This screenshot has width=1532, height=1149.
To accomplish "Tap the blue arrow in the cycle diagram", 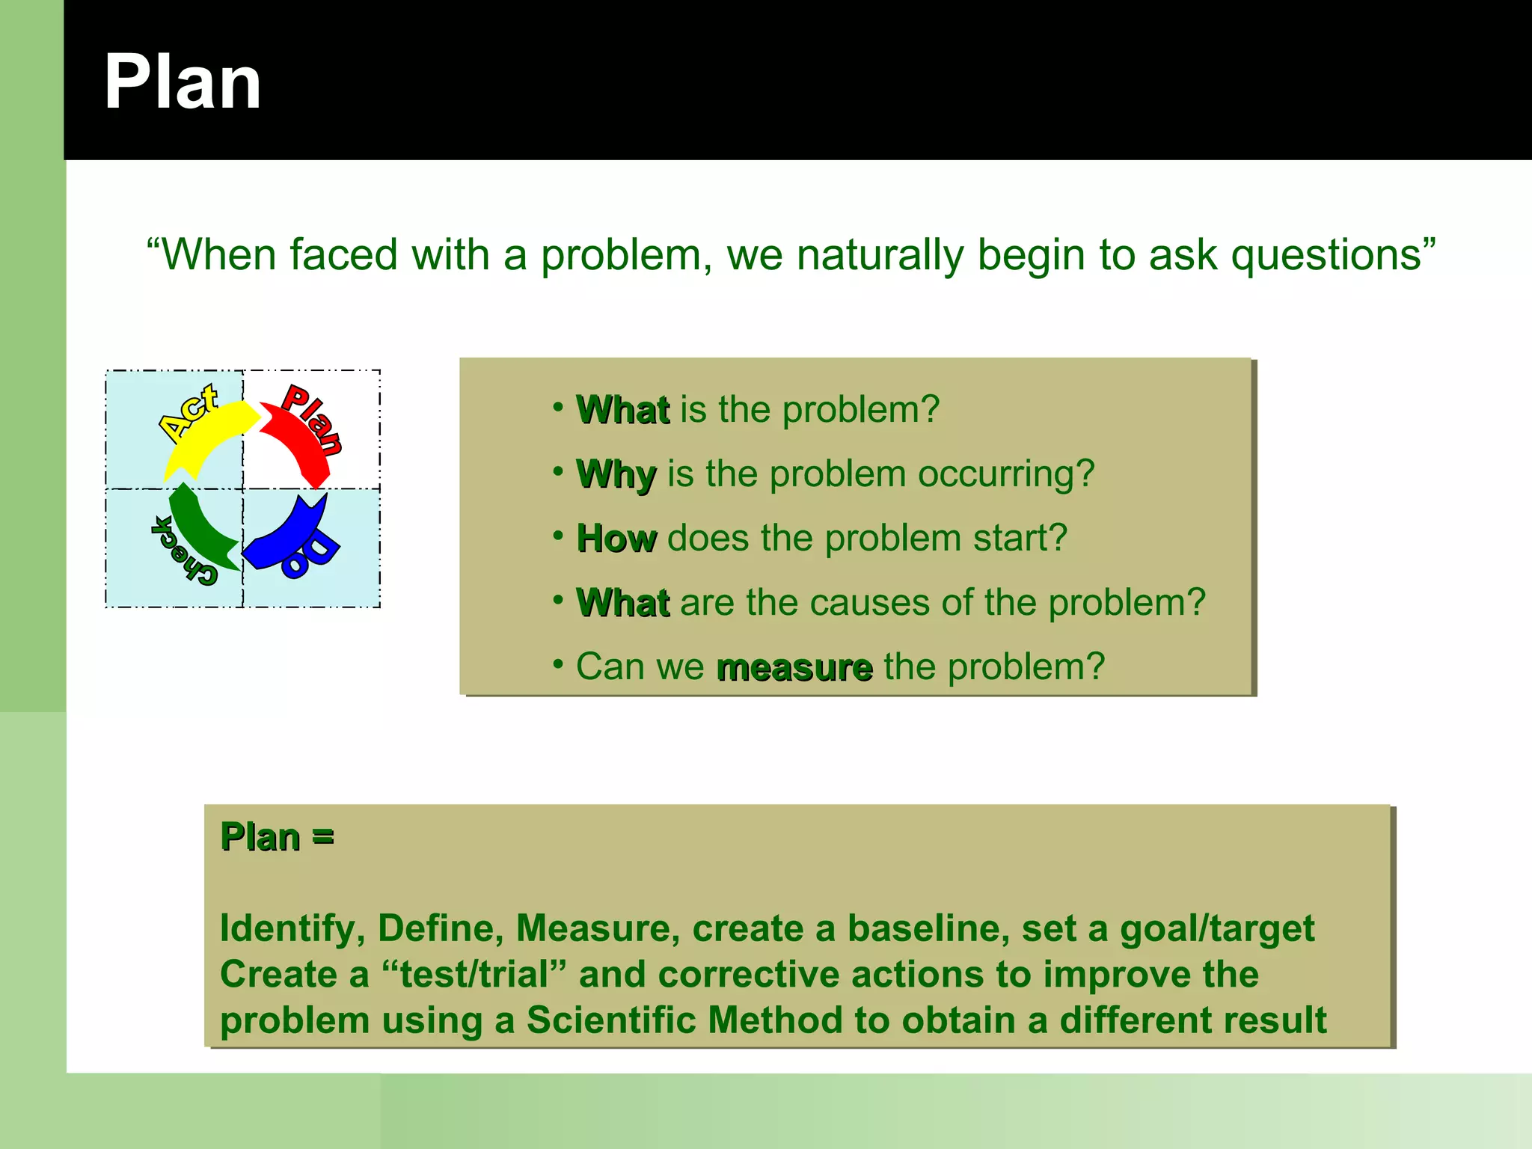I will (288, 537).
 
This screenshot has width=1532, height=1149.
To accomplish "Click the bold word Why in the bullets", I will (616, 474).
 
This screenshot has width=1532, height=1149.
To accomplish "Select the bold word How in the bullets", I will (616, 539).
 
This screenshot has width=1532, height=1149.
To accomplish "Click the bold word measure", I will (794, 667).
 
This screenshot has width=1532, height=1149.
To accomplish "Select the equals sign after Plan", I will (322, 837).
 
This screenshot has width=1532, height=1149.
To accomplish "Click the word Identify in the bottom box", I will (287, 929).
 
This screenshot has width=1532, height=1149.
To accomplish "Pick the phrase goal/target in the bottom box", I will (1216, 929).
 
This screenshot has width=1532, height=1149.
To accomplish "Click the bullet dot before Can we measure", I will (558, 664).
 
